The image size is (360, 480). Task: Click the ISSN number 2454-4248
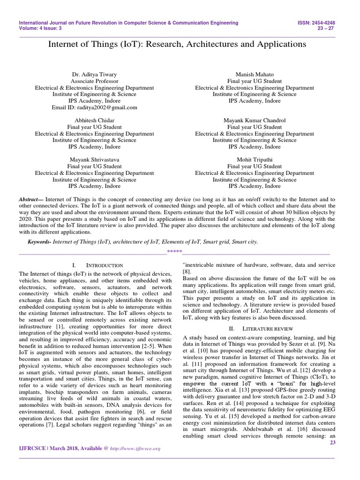pos(325,22)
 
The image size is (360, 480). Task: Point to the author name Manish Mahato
pos(255,75)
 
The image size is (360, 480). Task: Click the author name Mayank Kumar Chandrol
pos(255,120)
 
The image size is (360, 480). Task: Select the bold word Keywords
pos(39,241)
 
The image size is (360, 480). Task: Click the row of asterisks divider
pos(174,253)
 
